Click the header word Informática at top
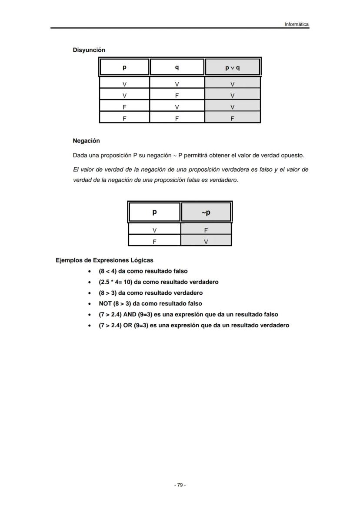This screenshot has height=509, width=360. [x=296, y=24]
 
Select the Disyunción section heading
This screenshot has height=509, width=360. [x=89, y=50]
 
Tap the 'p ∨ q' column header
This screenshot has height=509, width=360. [x=232, y=68]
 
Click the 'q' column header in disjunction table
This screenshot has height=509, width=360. [x=177, y=68]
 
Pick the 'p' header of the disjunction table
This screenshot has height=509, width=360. [x=124, y=68]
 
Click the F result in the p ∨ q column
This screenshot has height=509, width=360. [x=232, y=118]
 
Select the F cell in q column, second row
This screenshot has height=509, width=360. [x=177, y=96]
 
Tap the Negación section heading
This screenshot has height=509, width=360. [x=86, y=141]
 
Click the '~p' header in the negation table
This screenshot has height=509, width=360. [x=206, y=213]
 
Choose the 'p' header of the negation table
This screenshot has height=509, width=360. [x=154, y=213]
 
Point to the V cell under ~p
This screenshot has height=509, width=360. [x=206, y=241]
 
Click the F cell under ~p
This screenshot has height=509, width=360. [x=206, y=230]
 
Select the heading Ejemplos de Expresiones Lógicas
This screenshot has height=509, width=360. [x=104, y=260]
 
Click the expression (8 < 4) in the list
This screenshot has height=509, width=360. [x=107, y=271]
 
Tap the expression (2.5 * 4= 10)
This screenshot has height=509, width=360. [x=115, y=282]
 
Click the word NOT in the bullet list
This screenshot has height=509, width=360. [x=105, y=304]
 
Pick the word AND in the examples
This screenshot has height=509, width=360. [x=130, y=315]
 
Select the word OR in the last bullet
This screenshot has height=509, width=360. [x=127, y=326]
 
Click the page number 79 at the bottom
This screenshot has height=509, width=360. [x=180, y=485]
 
